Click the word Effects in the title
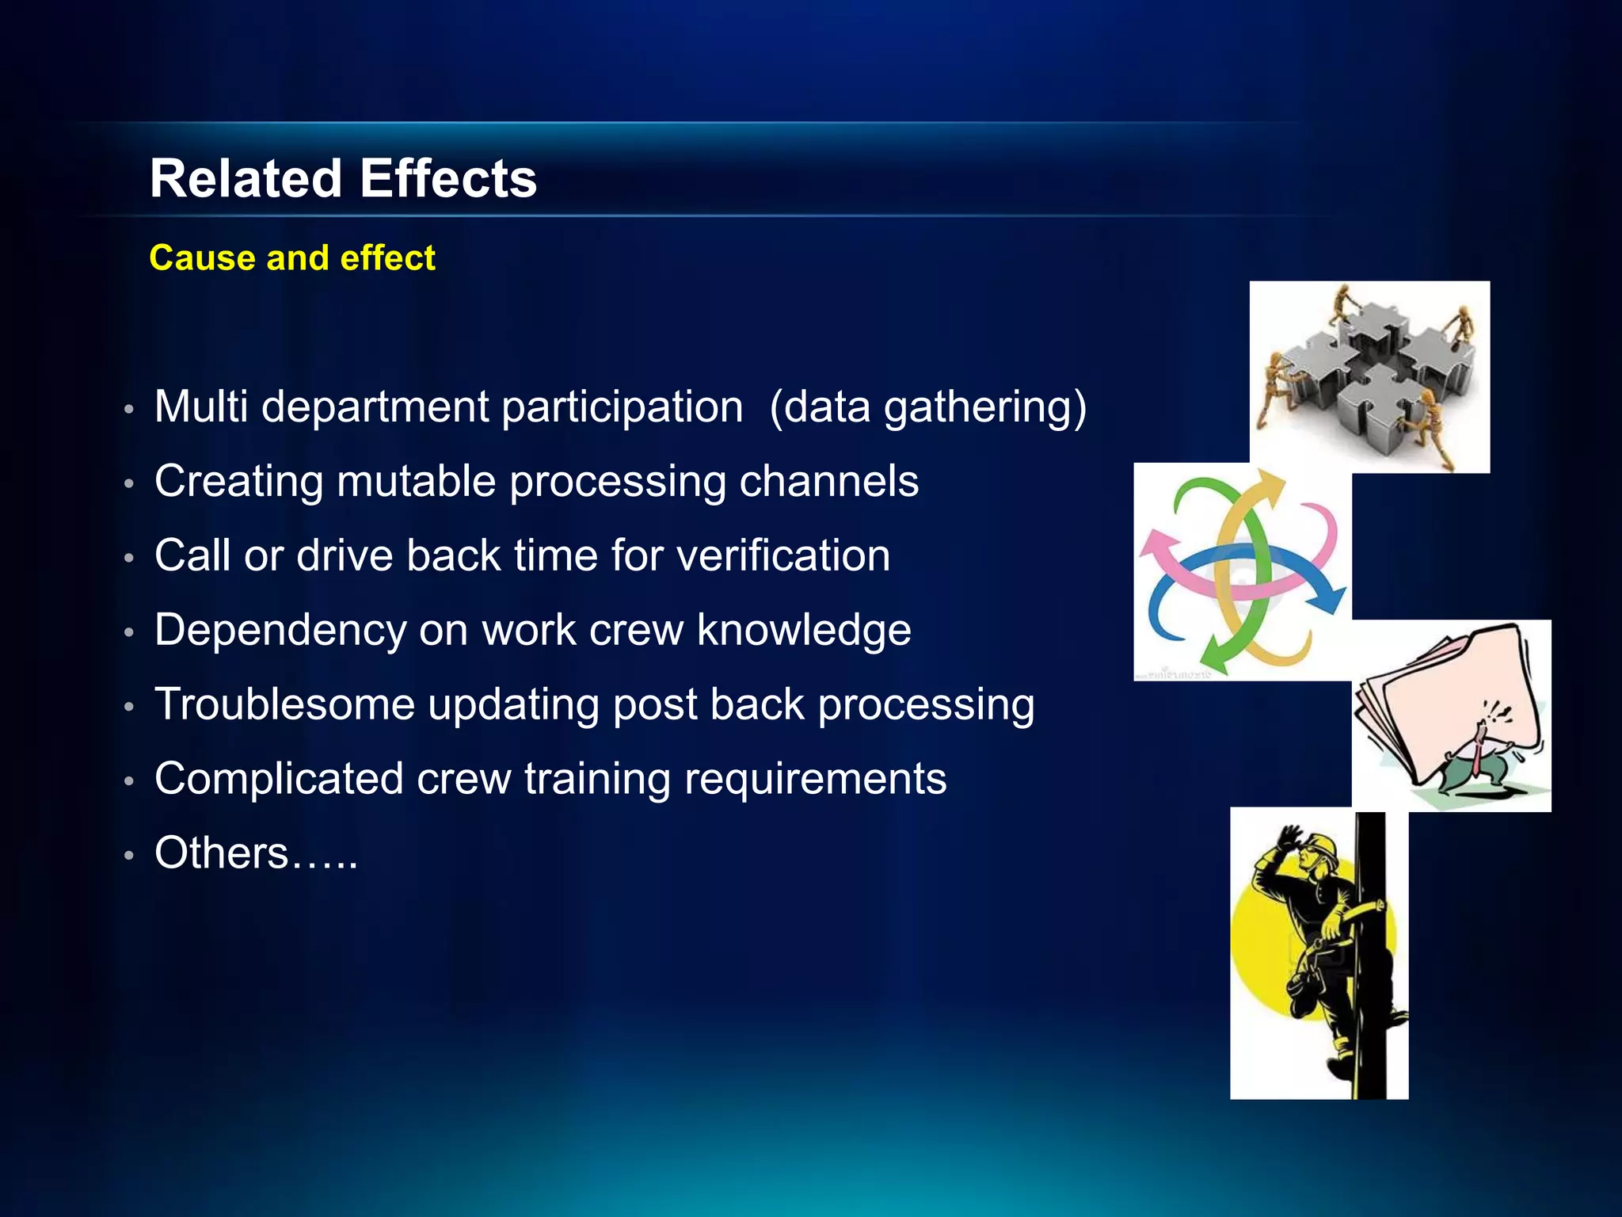448,179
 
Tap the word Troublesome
284,704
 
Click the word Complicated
279,779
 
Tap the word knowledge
804,631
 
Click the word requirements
816,779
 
